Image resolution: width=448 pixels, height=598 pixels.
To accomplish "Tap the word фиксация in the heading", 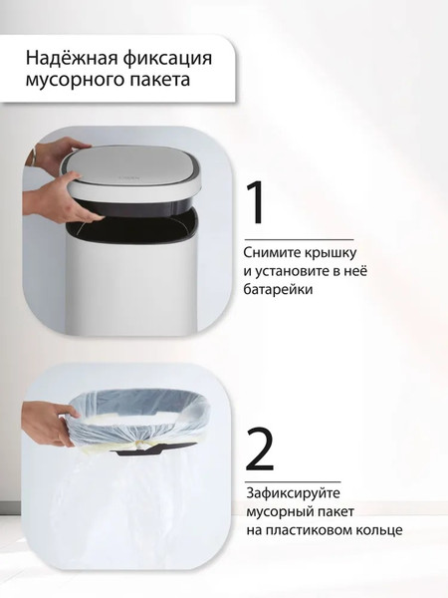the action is [x=167, y=60].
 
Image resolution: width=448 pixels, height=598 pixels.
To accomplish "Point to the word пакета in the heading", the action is [x=160, y=80].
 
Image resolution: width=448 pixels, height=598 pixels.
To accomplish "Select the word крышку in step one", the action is [x=330, y=253].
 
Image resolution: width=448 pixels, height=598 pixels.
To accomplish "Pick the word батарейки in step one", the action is [x=279, y=289].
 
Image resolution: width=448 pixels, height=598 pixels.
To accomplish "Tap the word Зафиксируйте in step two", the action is [x=293, y=493].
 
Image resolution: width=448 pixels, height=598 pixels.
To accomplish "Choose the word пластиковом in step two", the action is [x=309, y=530].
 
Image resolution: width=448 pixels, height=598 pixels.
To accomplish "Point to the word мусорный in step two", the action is [x=279, y=512].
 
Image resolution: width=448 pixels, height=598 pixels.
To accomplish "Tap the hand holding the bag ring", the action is [x=49, y=425].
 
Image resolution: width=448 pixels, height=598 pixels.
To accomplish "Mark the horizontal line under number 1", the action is [x=299, y=240].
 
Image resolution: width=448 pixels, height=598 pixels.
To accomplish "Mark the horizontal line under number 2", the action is [x=293, y=482].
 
